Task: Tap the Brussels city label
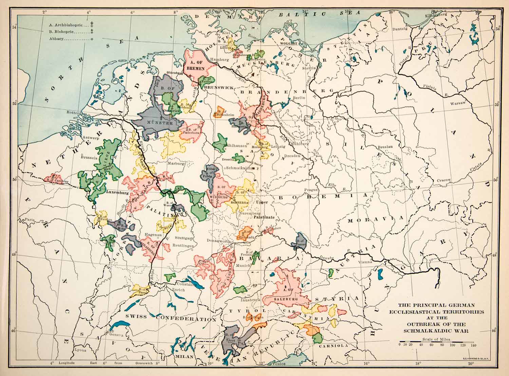coord(89,158)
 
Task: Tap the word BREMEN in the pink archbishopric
coord(196,68)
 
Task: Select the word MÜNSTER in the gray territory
coord(159,122)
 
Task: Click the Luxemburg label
coord(117,192)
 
